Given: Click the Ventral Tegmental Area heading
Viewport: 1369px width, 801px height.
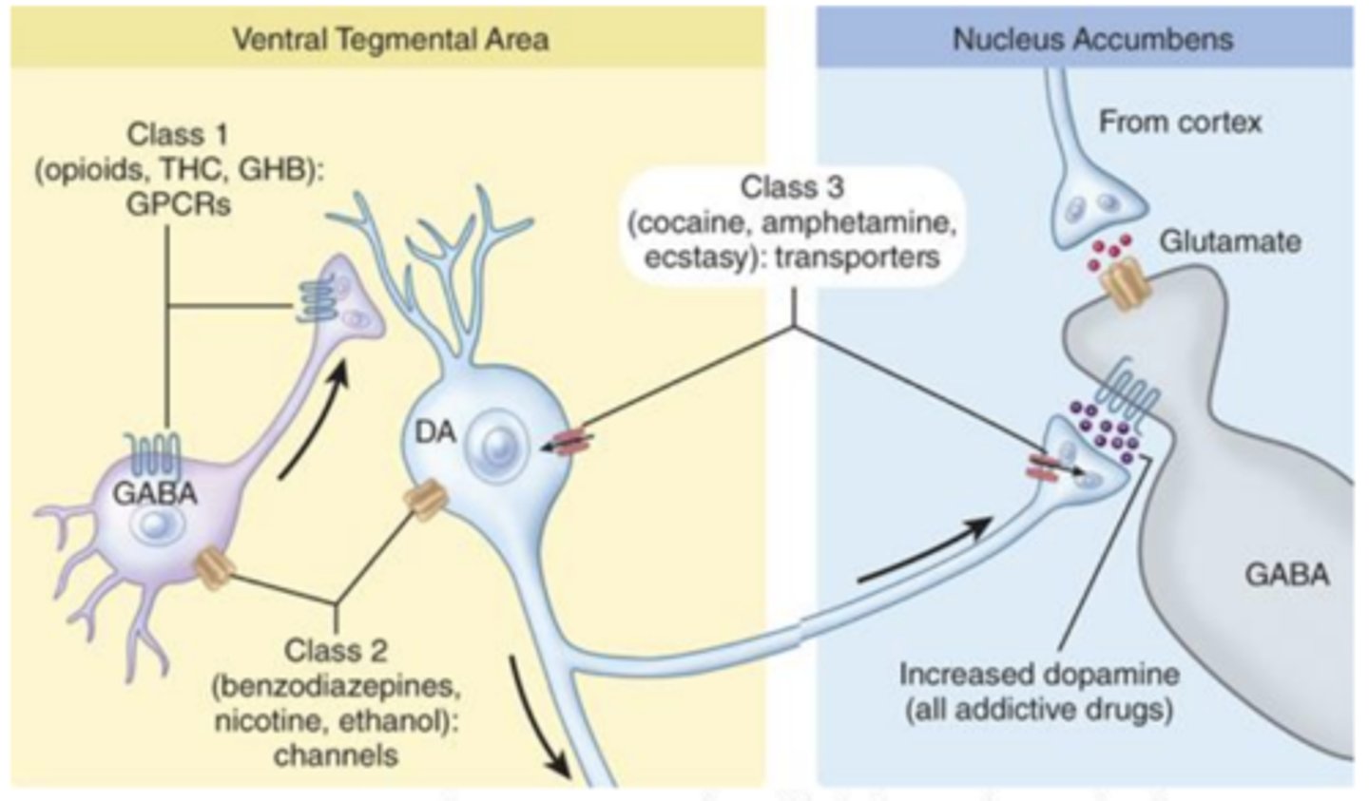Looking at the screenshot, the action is (391, 40).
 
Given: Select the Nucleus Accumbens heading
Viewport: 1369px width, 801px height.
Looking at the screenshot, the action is (1092, 39).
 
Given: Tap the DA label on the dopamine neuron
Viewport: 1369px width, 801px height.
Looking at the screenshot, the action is (435, 432).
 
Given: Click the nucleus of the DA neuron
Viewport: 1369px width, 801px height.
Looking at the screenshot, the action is (499, 448).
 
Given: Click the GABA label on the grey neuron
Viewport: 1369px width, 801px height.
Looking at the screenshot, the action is (1287, 574).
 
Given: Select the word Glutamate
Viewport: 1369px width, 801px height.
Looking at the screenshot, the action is (1231, 242).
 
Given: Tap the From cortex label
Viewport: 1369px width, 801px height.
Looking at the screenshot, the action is (1180, 123).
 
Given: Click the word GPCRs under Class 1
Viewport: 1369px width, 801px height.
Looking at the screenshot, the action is (179, 204).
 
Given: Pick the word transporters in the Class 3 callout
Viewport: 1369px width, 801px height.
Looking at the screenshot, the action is (858, 257).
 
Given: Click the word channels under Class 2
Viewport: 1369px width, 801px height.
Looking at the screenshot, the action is (337, 755).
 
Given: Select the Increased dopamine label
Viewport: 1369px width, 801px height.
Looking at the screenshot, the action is (1040, 675).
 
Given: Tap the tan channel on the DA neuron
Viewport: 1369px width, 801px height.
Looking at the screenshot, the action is (425, 500).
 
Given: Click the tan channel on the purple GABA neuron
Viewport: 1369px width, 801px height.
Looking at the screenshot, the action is (214, 568).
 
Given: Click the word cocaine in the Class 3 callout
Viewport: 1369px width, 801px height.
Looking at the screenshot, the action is (690, 223).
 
